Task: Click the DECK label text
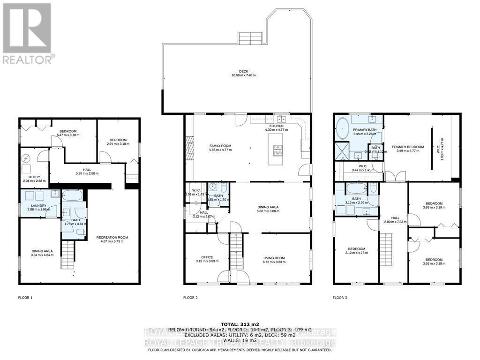(x=243, y=71)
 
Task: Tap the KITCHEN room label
(x=274, y=126)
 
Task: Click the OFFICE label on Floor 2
(x=207, y=257)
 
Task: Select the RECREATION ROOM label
(x=112, y=238)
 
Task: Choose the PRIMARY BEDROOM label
(x=408, y=147)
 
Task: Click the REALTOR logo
(x=28, y=33)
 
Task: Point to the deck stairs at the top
(x=249, y=39)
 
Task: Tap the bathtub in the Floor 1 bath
(x=73, y=196)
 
